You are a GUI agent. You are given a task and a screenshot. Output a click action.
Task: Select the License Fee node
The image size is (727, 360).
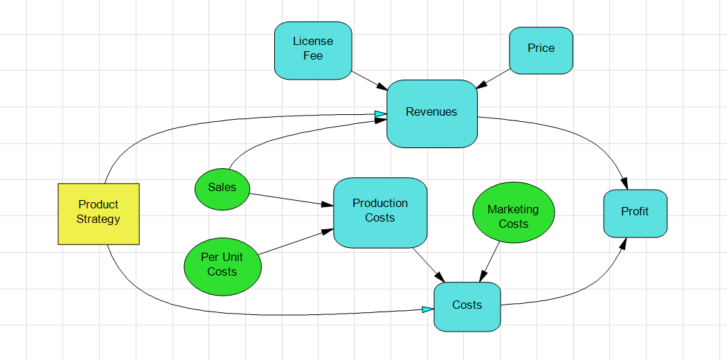coord(313,50)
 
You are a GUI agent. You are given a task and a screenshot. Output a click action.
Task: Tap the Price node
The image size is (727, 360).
coord(541,50)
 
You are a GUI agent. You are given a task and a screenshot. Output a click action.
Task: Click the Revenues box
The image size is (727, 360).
coord(431,113)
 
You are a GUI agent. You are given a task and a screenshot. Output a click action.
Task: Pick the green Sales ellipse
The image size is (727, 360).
coord(222,188)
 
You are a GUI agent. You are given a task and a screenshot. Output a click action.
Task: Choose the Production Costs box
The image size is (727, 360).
coord(380,212)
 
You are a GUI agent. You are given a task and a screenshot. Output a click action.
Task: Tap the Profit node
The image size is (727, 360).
coord(635,213)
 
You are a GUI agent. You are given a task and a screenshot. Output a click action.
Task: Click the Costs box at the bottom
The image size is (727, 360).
coord(467,306)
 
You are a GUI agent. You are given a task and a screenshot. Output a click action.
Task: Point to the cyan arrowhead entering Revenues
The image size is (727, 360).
coord(381,114)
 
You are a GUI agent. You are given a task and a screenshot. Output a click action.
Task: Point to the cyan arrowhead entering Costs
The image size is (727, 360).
coord(428,309)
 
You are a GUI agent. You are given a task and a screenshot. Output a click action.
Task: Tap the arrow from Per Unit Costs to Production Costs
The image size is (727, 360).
coord(291,242)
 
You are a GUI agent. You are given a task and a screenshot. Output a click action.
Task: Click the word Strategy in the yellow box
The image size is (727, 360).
coord(98,219)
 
